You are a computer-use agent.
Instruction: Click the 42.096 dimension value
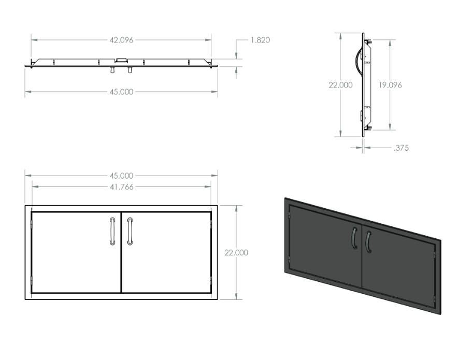pyautogui.click(x=121, y=40)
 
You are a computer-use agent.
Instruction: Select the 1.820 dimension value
pyautogui.click(x=260, y=40)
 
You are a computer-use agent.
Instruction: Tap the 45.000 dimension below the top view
pyautogui.click(x=121, y=92)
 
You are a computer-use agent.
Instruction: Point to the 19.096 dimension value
pyautogui.click(x=390, y=85)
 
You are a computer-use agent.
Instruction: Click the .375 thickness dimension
pyautogui.click(x=401, y=148)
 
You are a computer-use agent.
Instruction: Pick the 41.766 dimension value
pyautogui.click(x=122, y=187)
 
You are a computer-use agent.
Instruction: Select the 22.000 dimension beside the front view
pyautogui.click(x=236, y=253)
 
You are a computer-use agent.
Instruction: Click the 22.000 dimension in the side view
pyautogui.click(x=340, y=85)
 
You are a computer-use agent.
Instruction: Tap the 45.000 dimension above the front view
pyautogui.click(x=121, y=176)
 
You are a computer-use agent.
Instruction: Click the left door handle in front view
pyautogui.click(x=112, y=231)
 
